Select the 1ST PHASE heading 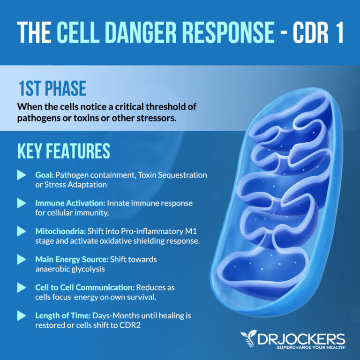(x=52, y=89)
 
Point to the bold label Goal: (x=45, y=175)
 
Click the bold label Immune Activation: (x=69, y=203)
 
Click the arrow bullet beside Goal (x=22, y=175)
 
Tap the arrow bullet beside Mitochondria (x=22, y=232)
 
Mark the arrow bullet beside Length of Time (x=22, y=316)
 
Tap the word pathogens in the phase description (x=36, y=118)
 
